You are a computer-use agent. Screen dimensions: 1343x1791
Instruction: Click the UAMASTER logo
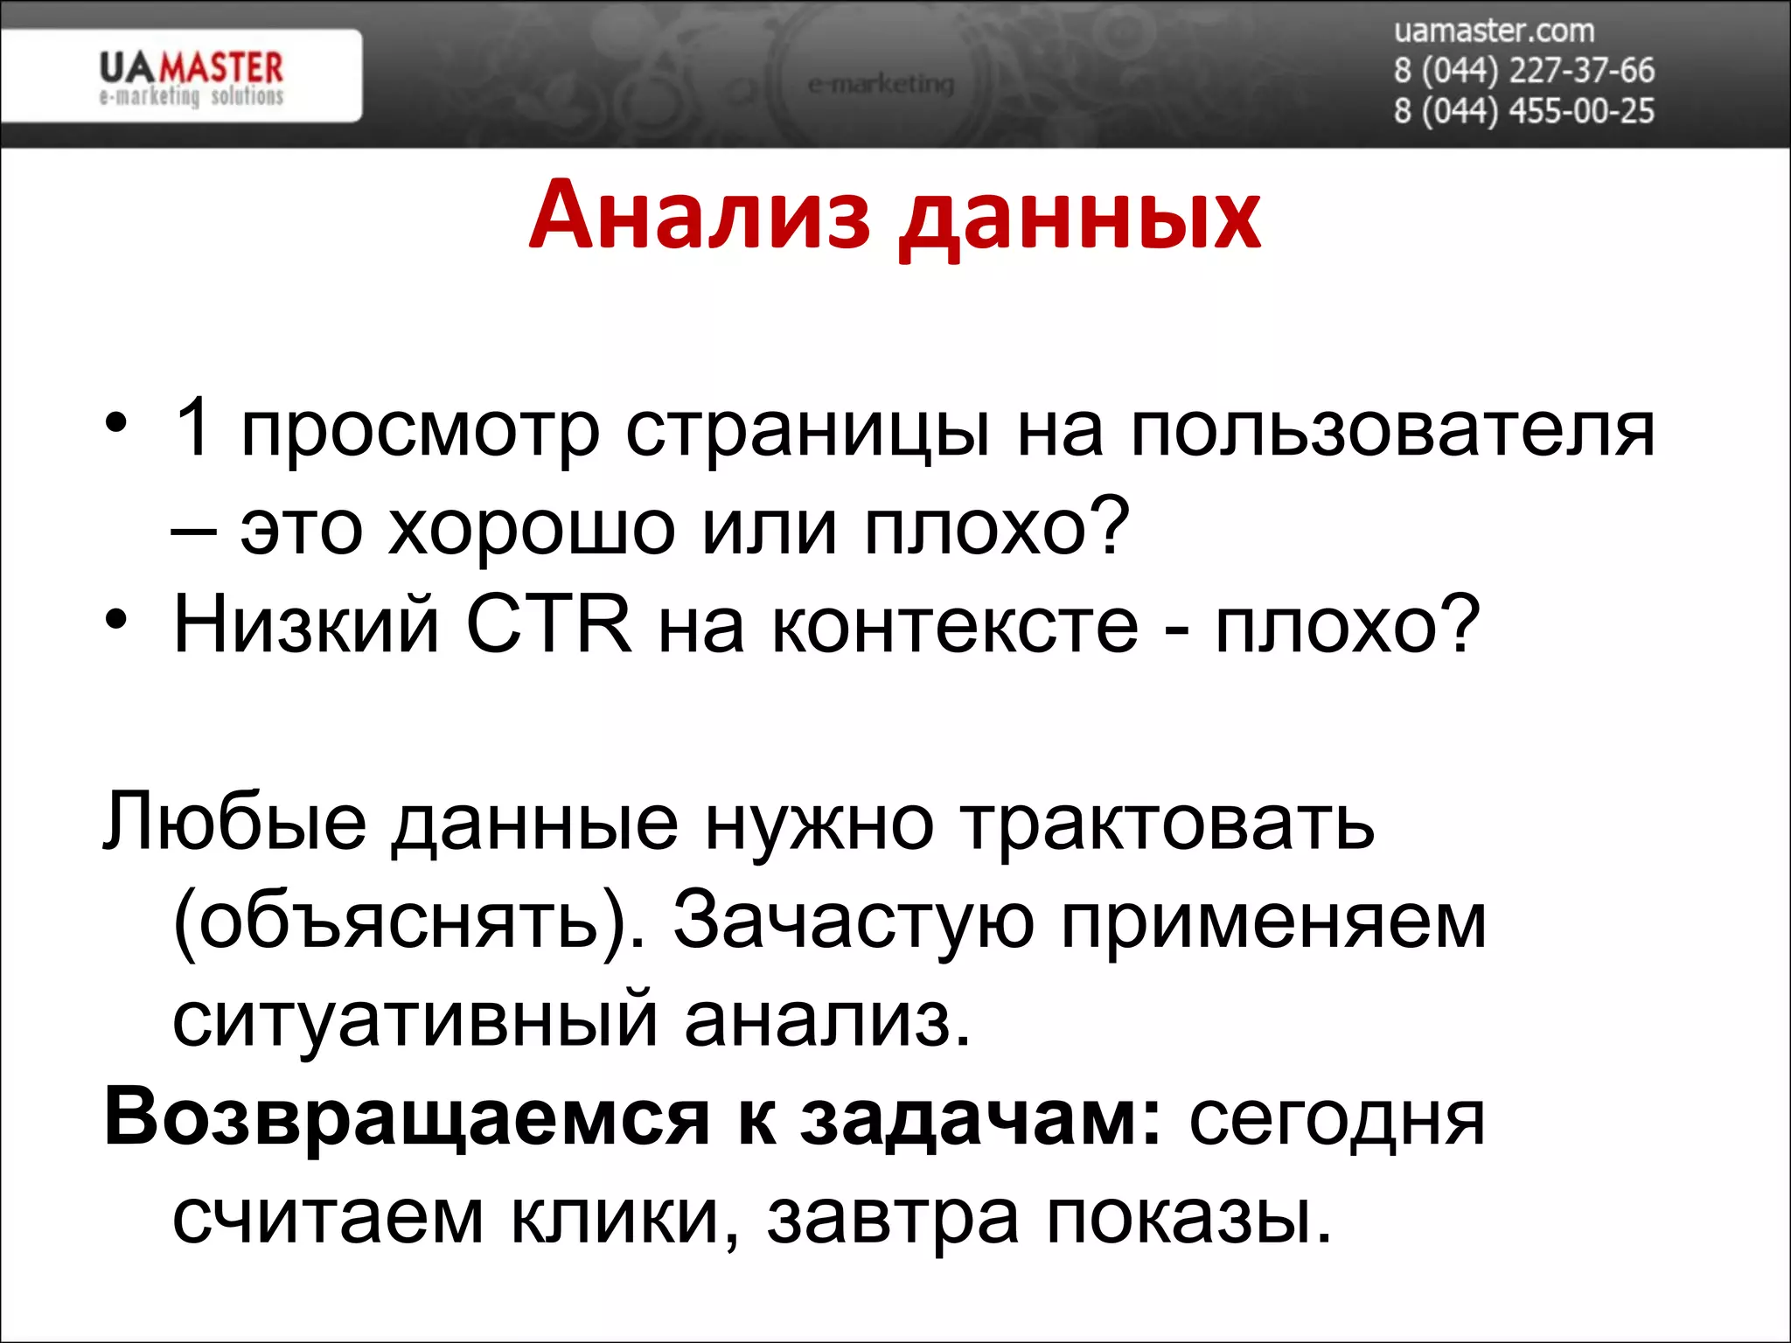click(x=191, y=77)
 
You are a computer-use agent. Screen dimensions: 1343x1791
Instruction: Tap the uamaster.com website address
click(x=1494, y=31)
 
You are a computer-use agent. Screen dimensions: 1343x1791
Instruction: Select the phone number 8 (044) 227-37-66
click(x=1523, y=70)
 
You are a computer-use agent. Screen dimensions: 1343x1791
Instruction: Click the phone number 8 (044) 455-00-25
click(x=1523, y=111)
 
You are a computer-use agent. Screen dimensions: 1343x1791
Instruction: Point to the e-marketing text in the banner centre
click(x=881, y=84)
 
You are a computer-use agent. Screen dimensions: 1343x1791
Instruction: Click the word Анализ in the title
click(x=700, y=215)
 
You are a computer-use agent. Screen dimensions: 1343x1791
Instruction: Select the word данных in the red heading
click(x=1080, y=219)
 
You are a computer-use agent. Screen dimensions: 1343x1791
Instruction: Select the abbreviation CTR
click(x=548, y=623)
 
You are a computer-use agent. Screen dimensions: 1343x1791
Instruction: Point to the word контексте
click(x=955, y=626)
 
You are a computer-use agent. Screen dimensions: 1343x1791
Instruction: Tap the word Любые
click(x=234, y=822)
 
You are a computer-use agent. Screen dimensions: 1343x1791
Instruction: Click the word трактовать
click(x=1167, y=824)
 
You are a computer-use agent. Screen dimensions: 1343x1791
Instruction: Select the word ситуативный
click(x=415, y=1019)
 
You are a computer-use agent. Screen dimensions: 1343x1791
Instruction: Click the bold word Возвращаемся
click(x=407, y=1117)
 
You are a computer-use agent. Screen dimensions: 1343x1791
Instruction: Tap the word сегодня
click(x=1336, y=1119)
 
